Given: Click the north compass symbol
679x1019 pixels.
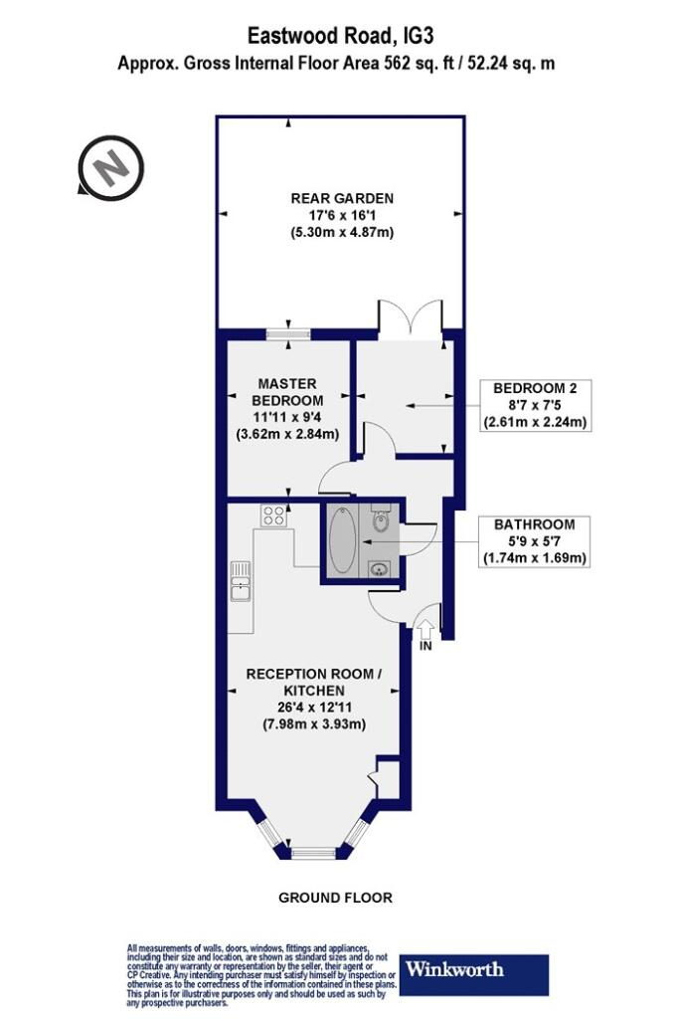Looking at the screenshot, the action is [x=109, y=166].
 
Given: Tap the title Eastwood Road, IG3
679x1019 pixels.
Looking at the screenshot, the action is [x=340, y=35].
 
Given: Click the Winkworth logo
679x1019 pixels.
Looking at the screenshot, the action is [x=473, y=974].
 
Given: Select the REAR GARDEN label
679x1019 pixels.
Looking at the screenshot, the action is [x=342, y=198].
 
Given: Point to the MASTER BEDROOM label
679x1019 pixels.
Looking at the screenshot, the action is [x=287, y=392].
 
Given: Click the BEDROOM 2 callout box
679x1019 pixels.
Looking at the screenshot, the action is [x=535, y=406].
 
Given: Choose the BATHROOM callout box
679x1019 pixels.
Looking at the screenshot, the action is [x=534, y=541].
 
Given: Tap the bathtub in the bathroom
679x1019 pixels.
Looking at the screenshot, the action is [x=342, y=539].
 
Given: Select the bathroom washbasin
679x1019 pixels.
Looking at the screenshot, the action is [x=379, y=569].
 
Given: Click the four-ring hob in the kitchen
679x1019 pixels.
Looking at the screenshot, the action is [x=273, y=515].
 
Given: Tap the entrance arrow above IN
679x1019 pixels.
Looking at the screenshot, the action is [x=425, y=629].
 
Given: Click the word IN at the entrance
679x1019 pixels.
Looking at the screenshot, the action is [x=425, y=647].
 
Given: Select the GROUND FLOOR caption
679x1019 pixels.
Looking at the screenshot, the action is [x=336, y=898].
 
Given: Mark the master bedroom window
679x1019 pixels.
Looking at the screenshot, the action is [x=288, y=334].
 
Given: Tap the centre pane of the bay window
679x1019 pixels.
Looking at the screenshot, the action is [x=313, y=853].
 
